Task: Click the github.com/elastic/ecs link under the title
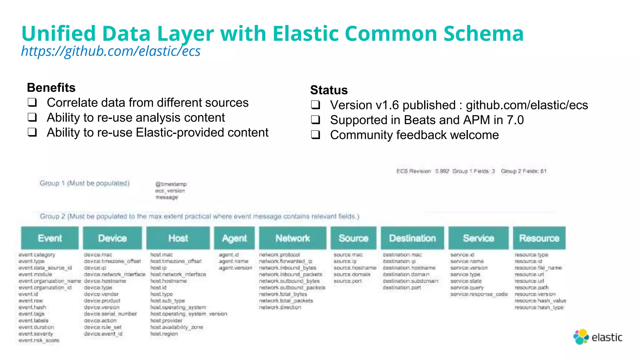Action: (x=111, y=51)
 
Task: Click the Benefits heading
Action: (x=51, y=88)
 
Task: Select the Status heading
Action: (x=329, y=90)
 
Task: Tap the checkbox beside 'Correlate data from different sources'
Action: (x=32, y=102)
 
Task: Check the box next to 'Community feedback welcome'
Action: (x=316, y=135)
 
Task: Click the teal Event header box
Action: (x=50, y=238)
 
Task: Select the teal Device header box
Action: (x=112, y=238)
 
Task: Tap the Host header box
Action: (x=178, y=238)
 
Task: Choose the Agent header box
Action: (x=234, y=238)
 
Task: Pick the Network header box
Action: (x=292, y=238)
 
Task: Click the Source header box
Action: (x=353, y=238)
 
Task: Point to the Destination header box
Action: (x=412, y=238)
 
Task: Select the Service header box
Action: (x=478, y=238)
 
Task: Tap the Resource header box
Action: (x=539, y=238)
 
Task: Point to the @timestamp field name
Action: (x=171, y=184)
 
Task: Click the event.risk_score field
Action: (x=39, y=340)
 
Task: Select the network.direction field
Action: (x=280, y=307)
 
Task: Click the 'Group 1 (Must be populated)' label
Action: (x=84, y=183)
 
